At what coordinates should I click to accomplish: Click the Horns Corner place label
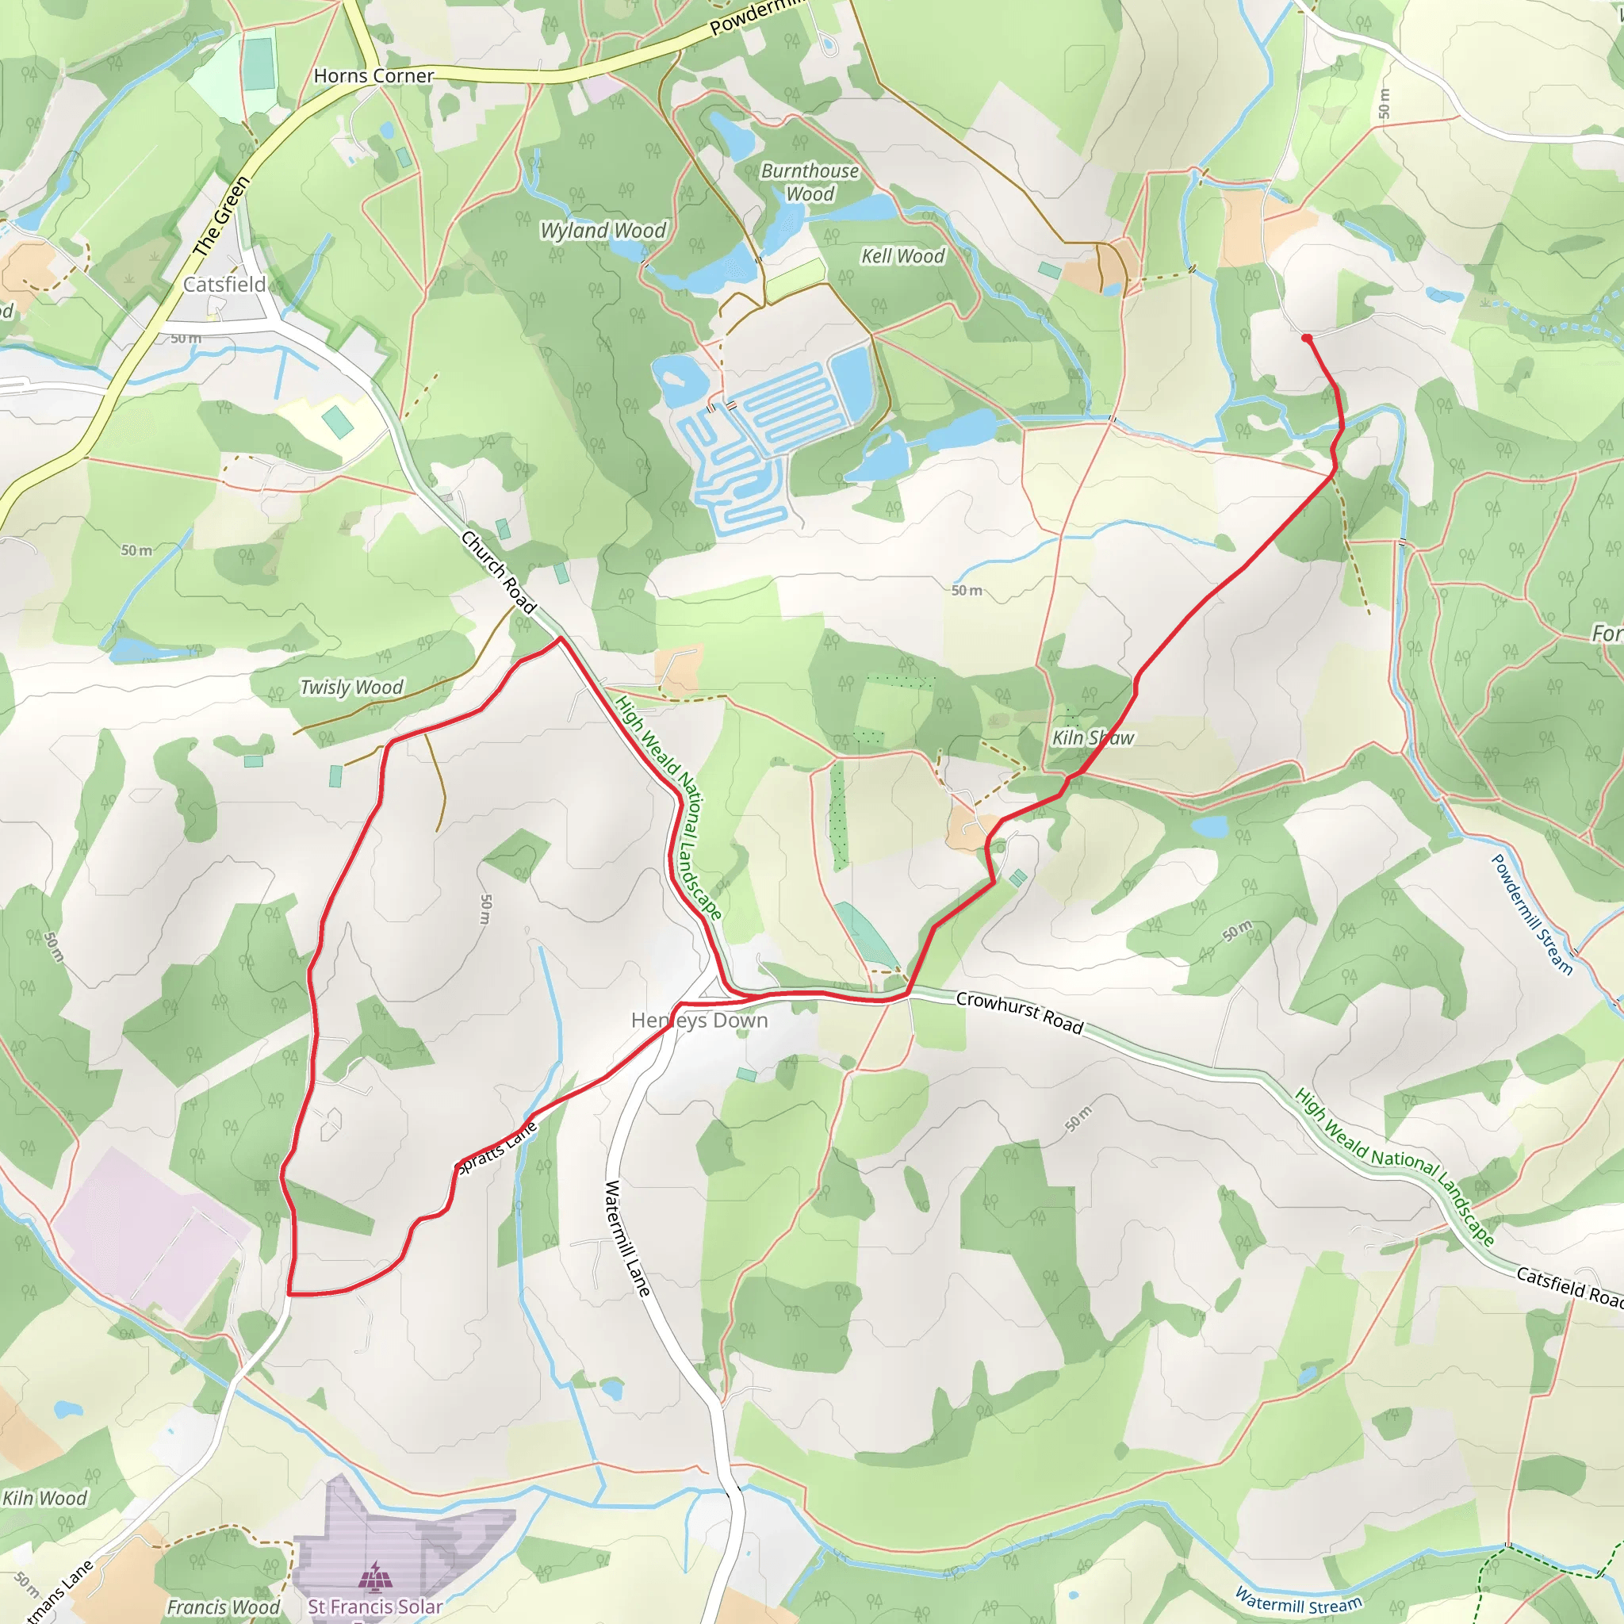tap(373, 75)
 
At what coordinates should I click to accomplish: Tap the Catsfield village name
tap(224, 284)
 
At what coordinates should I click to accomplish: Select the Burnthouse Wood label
tap(810, 182)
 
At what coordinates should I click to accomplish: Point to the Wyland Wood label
tap(603, 230)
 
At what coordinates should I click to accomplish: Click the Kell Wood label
tap(902, 255)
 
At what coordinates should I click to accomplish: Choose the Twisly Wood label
tap(351, 687)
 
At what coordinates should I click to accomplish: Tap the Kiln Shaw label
tap(1093, 737)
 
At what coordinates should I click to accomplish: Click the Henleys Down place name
tap(699, 1021)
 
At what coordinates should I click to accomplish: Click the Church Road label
tap(499, 572)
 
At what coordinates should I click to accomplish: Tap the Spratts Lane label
tap(496, 1147)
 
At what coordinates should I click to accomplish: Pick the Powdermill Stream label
tap(1530, 913)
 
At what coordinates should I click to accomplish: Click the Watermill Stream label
tap(1298, 1599)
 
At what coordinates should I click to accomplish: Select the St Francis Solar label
tap(375, 1607)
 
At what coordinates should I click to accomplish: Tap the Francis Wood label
tap(223, 1607)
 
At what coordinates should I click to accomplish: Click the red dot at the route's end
tap(1306, 338)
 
